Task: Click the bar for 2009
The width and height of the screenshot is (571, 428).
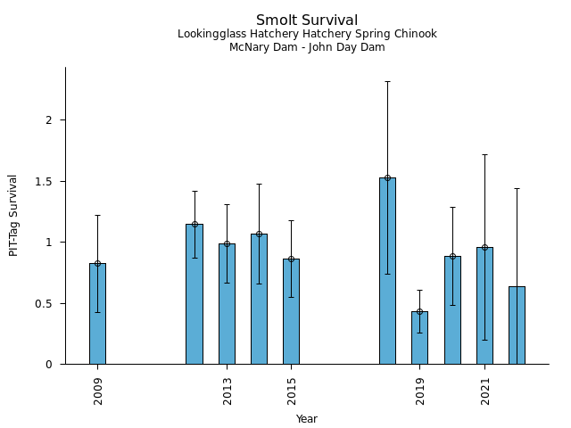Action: (x=97, y=314)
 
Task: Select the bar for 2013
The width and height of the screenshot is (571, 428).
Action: (x=227, y=304)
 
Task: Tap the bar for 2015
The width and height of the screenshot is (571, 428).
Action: (x=291, y=311)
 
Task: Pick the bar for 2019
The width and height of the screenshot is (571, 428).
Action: (x=419, y=338)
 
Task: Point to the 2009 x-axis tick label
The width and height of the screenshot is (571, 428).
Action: (x=97, y=391)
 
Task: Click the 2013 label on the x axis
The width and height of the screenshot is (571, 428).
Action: (x=227, y=391)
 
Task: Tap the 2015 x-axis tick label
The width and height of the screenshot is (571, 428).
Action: (x=291, y=391)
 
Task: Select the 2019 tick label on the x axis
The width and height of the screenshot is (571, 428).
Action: (x=419, y=391)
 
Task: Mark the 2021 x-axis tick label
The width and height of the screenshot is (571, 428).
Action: (x=484, y=391)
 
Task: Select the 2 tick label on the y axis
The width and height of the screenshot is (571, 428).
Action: (x=51, y=120)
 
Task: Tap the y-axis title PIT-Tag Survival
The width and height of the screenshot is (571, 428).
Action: (x=13, y=215)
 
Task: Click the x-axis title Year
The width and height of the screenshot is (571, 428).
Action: (x=307, y=419)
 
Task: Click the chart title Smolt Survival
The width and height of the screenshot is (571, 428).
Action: (x=307, y=21)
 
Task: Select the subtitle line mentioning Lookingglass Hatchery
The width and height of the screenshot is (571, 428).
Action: (x=307, y=35)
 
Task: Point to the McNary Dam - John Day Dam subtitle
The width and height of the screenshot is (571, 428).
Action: (x=307, y=48)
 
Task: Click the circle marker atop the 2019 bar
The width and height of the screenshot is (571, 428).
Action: (x=419, y=311)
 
